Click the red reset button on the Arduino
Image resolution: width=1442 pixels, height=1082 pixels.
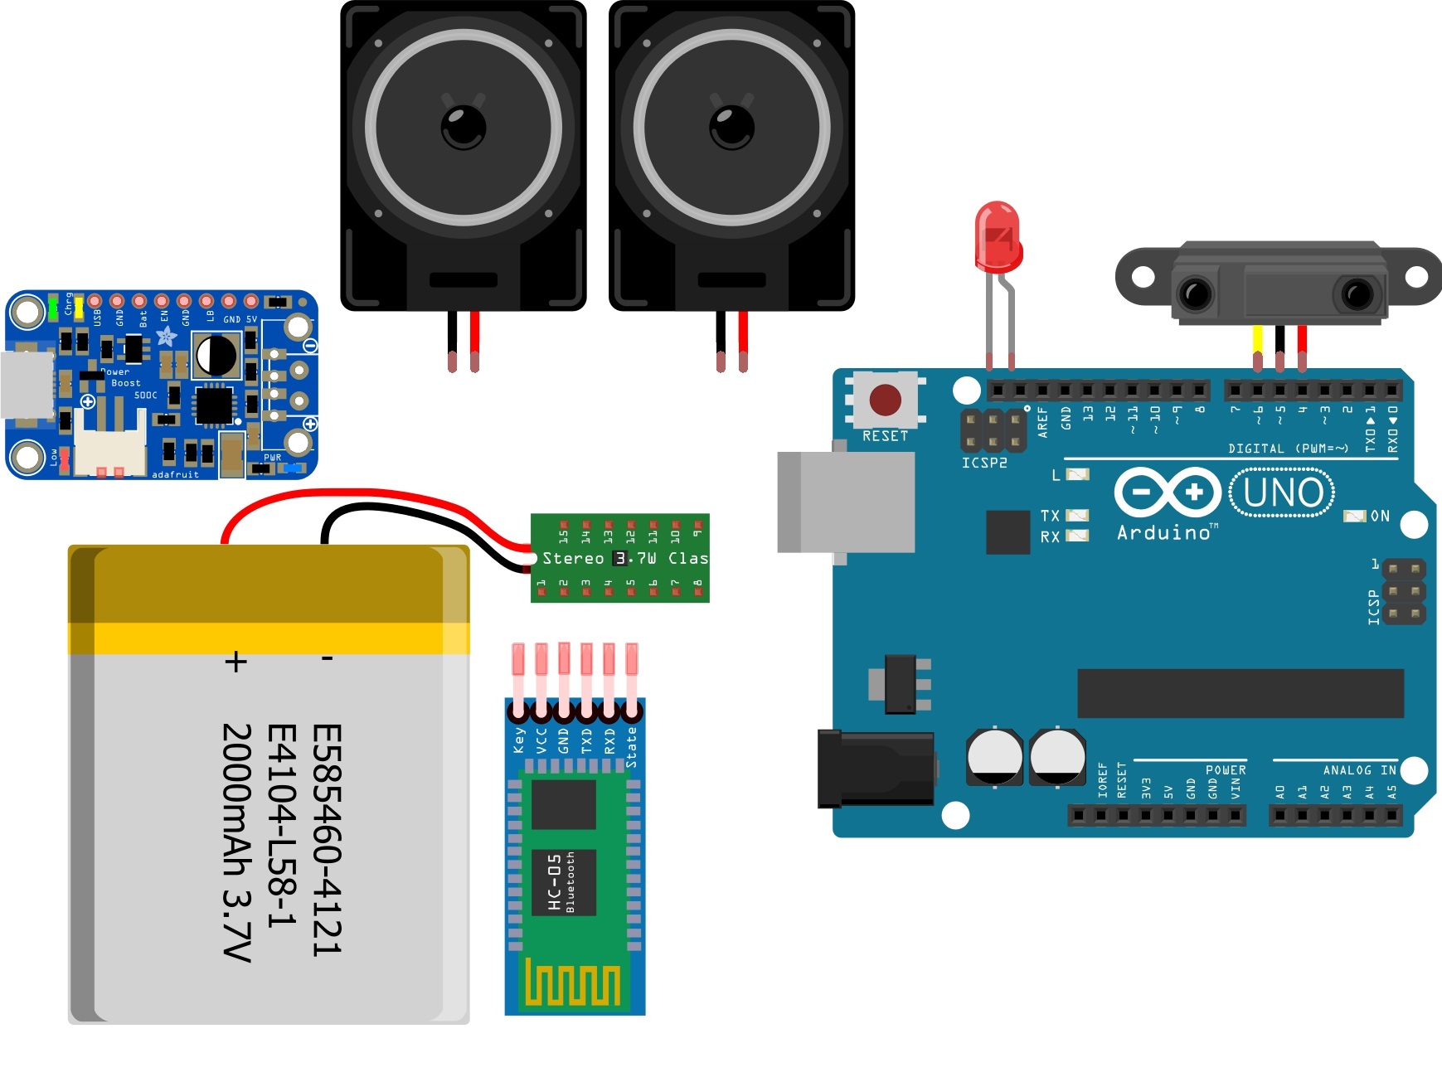[885, 400]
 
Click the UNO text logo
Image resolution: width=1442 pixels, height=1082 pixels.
[1282, 493]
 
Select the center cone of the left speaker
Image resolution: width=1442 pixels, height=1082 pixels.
[464, 127]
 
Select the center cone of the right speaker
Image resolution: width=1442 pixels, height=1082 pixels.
[731, 127]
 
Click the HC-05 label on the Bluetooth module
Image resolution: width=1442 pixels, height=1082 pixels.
[556, 882]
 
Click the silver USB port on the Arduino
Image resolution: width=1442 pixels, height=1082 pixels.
[846, 502]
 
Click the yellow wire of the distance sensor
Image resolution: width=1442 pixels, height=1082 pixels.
[1257, 340]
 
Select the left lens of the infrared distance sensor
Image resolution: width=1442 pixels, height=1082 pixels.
[1197, 294]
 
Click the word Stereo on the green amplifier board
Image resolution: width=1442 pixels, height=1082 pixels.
[573, 559]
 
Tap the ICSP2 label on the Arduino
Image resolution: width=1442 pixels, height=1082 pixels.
[984, 463]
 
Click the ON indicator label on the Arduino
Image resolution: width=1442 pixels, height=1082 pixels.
[1380, 516]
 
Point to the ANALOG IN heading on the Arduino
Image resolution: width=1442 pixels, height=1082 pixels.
[1359, 770]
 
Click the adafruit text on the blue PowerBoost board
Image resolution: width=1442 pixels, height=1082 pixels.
[175, 474]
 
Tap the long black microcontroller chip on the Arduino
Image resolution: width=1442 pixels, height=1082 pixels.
[1240, 693]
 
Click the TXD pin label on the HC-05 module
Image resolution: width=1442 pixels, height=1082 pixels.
[587, 740]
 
